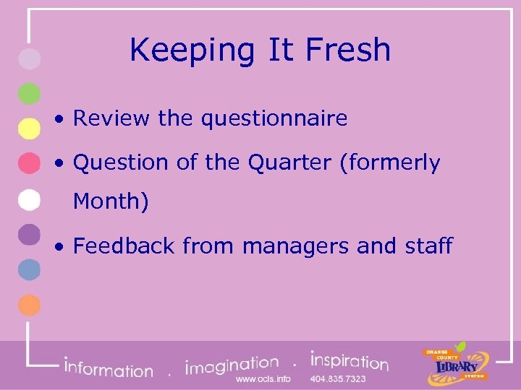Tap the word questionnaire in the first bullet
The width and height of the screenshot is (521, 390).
(x=274, y=118)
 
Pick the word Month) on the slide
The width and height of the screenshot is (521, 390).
(x=111, y=201)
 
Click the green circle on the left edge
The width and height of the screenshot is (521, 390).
(x=29, y=94)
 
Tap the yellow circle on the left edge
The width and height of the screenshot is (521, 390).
(x=29, y=129)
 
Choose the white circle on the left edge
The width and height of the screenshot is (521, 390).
(x=29, y=199)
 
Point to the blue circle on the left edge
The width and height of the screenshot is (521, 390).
(x=29, y=269)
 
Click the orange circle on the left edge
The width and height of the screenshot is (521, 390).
(x=29, y=305)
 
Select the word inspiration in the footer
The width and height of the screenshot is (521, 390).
(x=349, y=360)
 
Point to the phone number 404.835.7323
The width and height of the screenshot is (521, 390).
(x=338, y=379)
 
